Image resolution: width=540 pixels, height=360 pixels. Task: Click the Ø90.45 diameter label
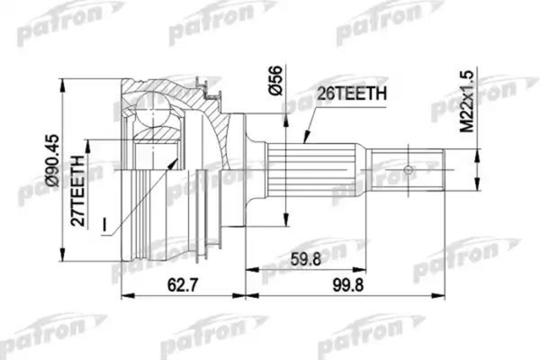pos(54,160)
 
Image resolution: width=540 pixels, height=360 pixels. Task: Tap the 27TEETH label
pos(77,191)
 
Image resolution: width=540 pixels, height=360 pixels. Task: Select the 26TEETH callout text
pos(352,93)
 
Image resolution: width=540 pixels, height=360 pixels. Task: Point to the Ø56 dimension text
pos(276,81)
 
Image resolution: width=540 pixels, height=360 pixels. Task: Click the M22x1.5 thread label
pos(467,102)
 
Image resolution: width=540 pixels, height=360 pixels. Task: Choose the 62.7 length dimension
pos(183,285)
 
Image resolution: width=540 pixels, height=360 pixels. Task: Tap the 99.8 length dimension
pos(347,285)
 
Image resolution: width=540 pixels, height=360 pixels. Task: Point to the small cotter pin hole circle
pos(408,170)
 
